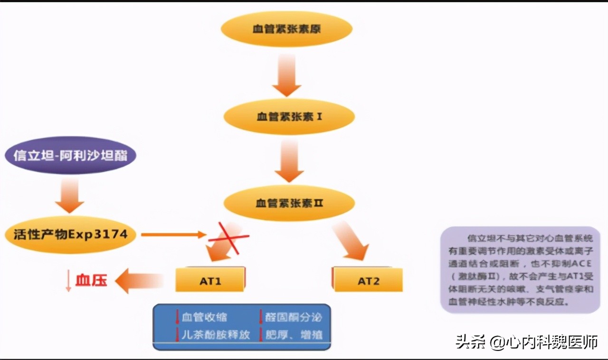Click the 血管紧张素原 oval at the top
pos(286,29)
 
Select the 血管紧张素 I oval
pos(289,116)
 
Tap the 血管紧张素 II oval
pos(289,203)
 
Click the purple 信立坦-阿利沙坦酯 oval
pos(70,155)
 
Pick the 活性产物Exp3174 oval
pos(70,234)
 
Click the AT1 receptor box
pos(210,280)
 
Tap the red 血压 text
pos(91,280)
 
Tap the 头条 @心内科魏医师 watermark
pos(526,342)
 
